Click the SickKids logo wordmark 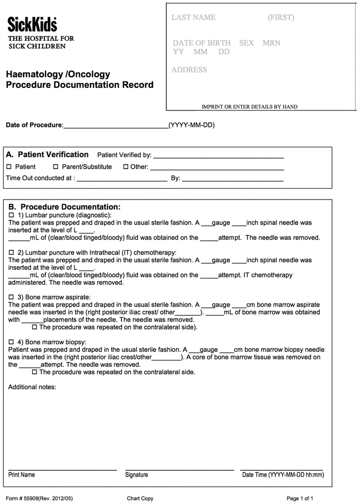pyautogui.click(x=32, y=24)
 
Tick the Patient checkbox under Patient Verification pyautogui.click(x=9, y=167)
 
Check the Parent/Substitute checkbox pyautogui.click(x=55, y=167)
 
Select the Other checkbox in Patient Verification pyautogui.click(x=126, y=167)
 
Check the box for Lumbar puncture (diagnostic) pyautogui.click(x=12, y=214)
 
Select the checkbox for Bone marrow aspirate pyautogui.click(x=12, y=297)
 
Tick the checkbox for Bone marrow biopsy pyautogui.click(x=12, y=342)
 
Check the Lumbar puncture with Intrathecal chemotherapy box pyautogui.click(x=12, y=252)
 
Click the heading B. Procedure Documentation pyautogui.click(x=64, y=206)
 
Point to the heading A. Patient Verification pyautogui.click(x=47, y=154)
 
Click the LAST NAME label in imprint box pyautogui.click(x=193, y=18)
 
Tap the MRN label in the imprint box pyautogui.click(x=271, y=43)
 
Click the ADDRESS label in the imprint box pyautogui.click(x=189, y=70)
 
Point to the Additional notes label pyautogui.click(x=32, y=387)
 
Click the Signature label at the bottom pyautogui.click(x=136, y=475)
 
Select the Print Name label pyautogui.click(x=21, y=475)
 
